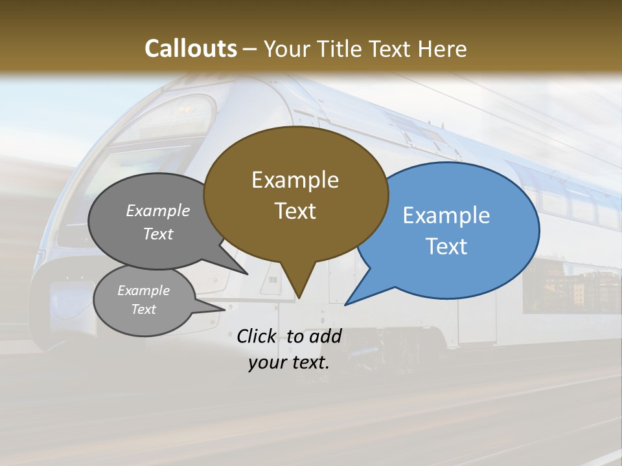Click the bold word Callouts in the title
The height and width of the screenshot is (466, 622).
click(190, 49)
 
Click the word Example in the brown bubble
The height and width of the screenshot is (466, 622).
click(295, 180)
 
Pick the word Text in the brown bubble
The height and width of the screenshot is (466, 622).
click(295, 211)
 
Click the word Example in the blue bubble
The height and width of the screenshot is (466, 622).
click(446, 216)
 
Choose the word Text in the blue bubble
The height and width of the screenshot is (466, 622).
click(446, 247)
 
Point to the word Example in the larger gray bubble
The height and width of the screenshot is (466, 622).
click(158, 210)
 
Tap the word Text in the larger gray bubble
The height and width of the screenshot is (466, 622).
click(158, 234)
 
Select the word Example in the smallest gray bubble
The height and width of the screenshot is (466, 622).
click(143, 291)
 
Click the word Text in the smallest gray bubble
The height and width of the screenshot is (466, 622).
click(143, 309)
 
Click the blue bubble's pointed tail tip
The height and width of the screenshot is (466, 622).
click(345, 305)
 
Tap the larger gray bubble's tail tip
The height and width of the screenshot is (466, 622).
click(248, 274)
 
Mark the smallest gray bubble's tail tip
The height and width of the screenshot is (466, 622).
click(225, 309)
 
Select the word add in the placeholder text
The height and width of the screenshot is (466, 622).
click(325, 337)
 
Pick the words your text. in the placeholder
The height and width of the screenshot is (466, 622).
click(288, 363)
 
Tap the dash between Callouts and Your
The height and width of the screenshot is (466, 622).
click(250, 49)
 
